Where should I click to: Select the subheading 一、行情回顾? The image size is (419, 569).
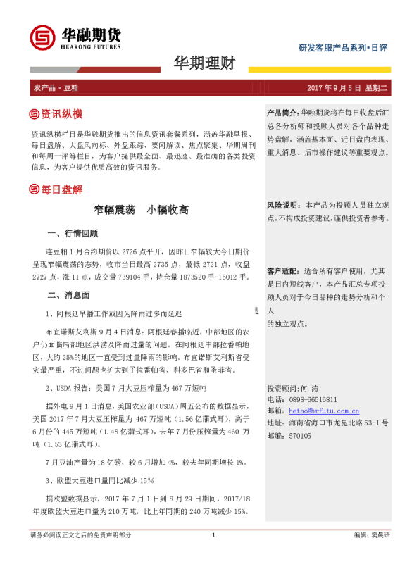(72, 233)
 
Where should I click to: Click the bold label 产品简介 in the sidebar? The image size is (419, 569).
(282, 113)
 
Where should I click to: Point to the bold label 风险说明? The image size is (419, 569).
(282, 205)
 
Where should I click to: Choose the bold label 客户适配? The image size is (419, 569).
(282, 271)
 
